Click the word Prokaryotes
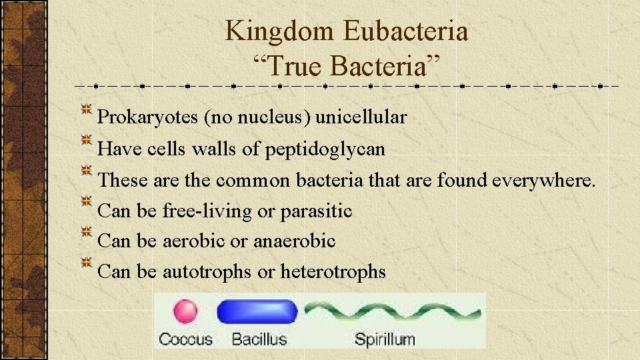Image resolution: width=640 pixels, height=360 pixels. pyautogui.click(x=147, y=117)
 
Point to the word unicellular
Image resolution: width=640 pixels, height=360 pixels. pyautogui.click(x=361, y=117)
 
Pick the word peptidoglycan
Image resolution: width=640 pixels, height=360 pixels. pyautogui.click(x=325, y=149)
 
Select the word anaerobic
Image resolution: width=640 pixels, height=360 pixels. pyautogui.click(x=294, y=241)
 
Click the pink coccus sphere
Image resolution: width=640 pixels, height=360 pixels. pyautogui.click(x=185, y=312)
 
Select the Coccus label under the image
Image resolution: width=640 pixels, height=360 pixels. pyautogui.click(x=185, y=339)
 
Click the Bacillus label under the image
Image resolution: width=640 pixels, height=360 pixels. pyautogui.click(x=259, y=339)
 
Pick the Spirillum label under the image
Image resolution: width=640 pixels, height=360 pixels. pyautogui.click(x=384, y=339)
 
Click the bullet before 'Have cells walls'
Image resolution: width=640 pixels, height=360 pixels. pyautogui.click(x=87, y=141)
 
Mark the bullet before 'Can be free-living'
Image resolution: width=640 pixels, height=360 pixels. pyautogui.click(x=87, y=203)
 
